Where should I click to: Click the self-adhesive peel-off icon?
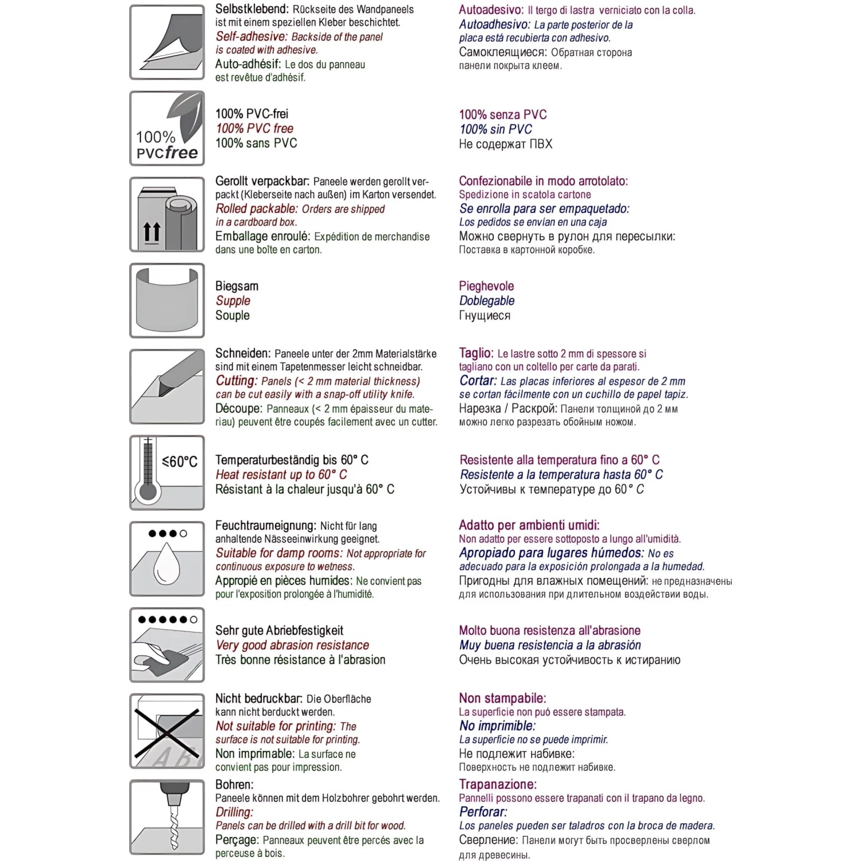point(167,42)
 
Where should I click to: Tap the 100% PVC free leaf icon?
point(167,128)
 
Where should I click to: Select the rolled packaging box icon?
point(167,214)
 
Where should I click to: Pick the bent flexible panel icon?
point(167,300)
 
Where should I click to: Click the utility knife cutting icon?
point(167,386)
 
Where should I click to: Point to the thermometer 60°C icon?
point(167,472)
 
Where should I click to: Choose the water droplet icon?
point(167,559)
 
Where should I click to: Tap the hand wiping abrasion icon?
point(167,645)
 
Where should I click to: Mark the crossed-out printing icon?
point(167,731)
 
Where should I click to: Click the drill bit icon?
point(167,817)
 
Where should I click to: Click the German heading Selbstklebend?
point(251,9)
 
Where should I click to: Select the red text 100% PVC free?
point(254,129)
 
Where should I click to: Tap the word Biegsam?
point(236,286)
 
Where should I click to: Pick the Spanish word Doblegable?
point(487,301)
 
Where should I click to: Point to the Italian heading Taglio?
point(476,353)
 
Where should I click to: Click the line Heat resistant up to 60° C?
point(281,475)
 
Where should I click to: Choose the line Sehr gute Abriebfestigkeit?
point(279,630)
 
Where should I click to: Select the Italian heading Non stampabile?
point(502,698)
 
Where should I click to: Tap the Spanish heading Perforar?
point(483,812)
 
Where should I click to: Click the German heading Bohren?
point(234,784)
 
